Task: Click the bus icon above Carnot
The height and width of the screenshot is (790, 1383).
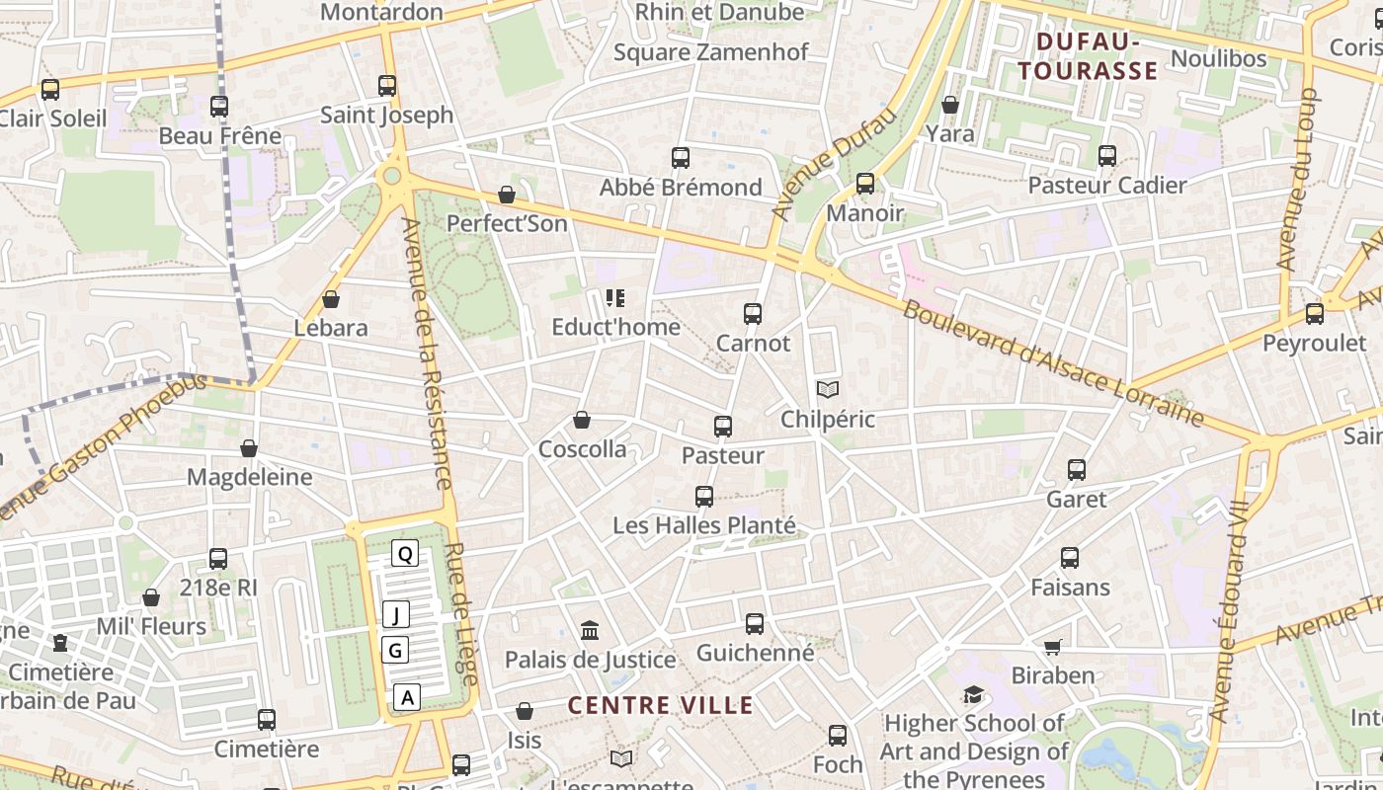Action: tap(753, 314)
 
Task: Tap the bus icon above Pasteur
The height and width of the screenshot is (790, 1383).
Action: tap(723, 427)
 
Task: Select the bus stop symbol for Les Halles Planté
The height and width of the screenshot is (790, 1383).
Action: tap(704, 497)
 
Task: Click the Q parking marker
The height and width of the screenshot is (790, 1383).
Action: tap(404, 553)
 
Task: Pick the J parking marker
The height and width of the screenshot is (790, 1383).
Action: tap(395, 615)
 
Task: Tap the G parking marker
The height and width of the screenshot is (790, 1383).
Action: tap(395, 650)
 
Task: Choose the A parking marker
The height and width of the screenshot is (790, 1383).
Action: tap(407, 697)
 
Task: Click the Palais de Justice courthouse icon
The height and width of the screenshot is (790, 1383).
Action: tap(590, 630)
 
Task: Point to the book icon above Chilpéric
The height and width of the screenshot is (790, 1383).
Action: tap(828, 390)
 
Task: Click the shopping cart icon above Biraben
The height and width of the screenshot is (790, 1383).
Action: tap(1053, 647)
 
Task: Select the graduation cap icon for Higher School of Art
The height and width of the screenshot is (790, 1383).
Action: tap(974, 694)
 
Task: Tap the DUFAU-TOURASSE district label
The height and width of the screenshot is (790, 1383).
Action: tap(1088, 56)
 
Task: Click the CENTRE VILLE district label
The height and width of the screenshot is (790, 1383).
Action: tap(661, 705)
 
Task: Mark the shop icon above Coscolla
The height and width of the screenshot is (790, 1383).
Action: tap(582, 421)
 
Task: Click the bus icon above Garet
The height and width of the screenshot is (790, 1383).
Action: tap(1077, 470)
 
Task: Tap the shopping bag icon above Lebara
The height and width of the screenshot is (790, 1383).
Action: tap(331, 298)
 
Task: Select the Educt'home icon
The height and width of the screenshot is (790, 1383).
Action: tap(615, 297)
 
